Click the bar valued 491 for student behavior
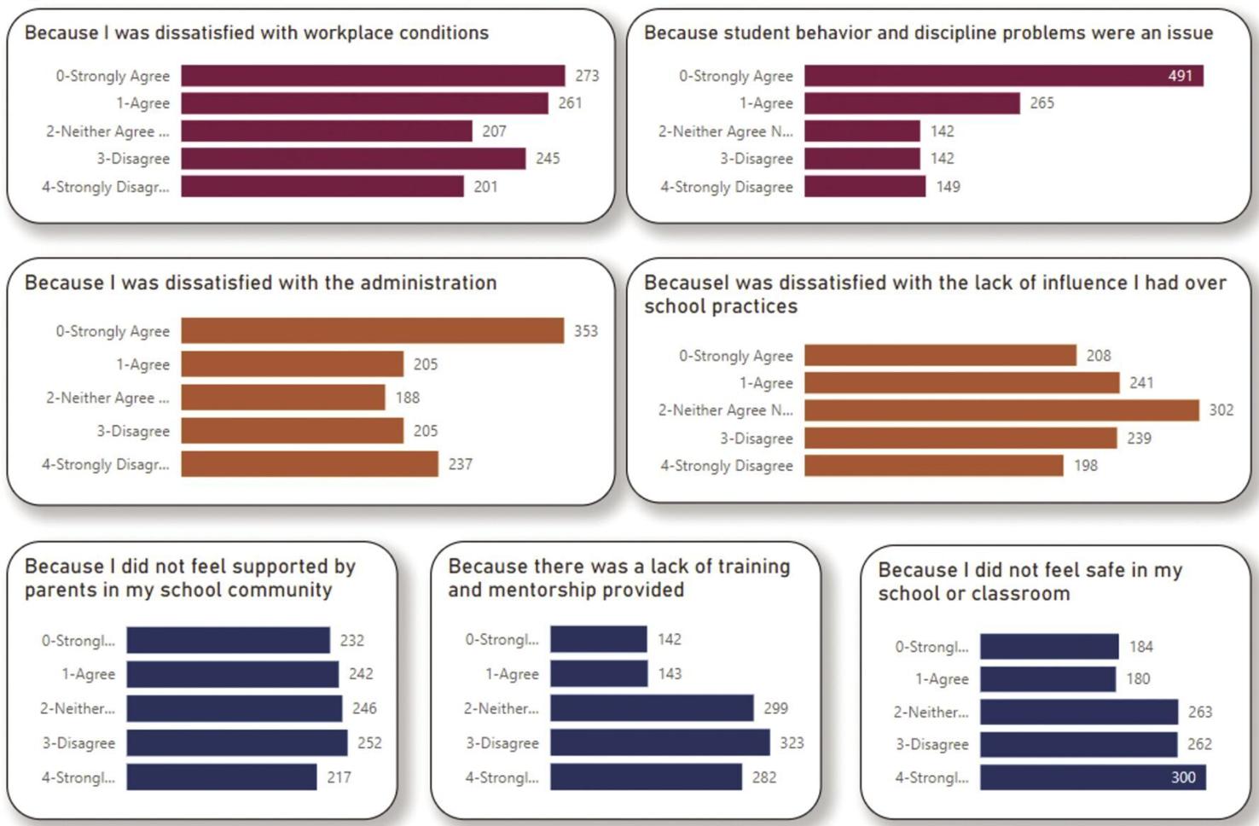tap(1004, 76)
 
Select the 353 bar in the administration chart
tap(372, 330)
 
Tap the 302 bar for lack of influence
tap(1001, 410)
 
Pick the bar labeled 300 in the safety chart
tap(1094, 777)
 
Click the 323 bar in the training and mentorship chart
tap(660, 742)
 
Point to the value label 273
tap(587, 76)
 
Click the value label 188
tap(408, 398)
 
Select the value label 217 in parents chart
tap(339, 777)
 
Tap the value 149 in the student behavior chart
tap(949, 187)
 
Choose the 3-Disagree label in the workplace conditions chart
tap(133, 159)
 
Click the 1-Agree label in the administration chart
tap(142, 364)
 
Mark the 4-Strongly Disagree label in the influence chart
tap(726, 466)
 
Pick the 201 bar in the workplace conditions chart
tap(322, 187)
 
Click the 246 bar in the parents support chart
tap(234, 708)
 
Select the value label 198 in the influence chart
tap(1085, 466)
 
